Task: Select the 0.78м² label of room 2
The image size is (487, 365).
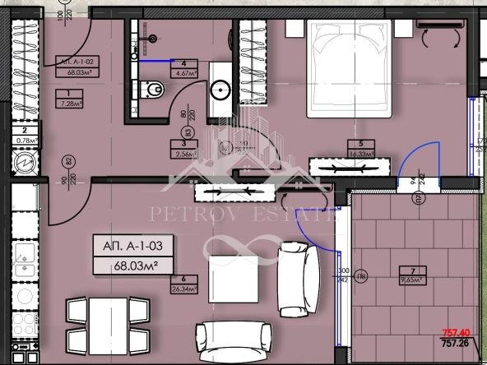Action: coord(27,140)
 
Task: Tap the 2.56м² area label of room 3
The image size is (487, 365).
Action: coord(183,153)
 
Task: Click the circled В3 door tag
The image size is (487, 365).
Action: coord(188,132)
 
